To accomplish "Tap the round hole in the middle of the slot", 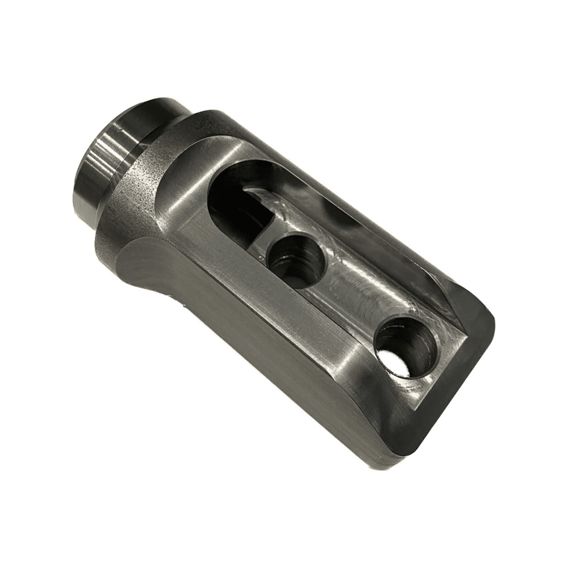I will (x=294, y=261).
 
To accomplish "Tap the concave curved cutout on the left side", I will (x=139, y=267).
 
